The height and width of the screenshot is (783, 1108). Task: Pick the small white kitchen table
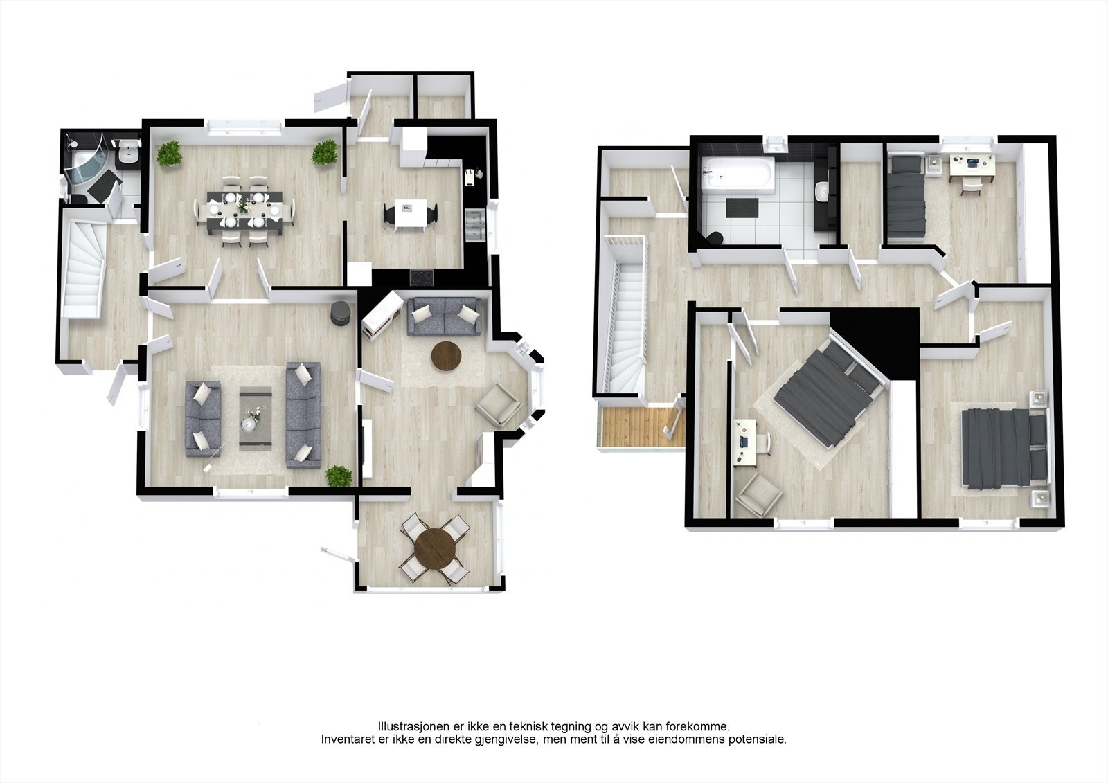(x=409, y=215)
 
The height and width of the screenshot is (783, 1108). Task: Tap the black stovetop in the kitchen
(x=422, y=277)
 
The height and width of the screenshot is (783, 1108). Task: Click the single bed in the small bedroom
(x=907, y=197)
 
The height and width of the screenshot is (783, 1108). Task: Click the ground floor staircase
(x=84, y=267)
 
